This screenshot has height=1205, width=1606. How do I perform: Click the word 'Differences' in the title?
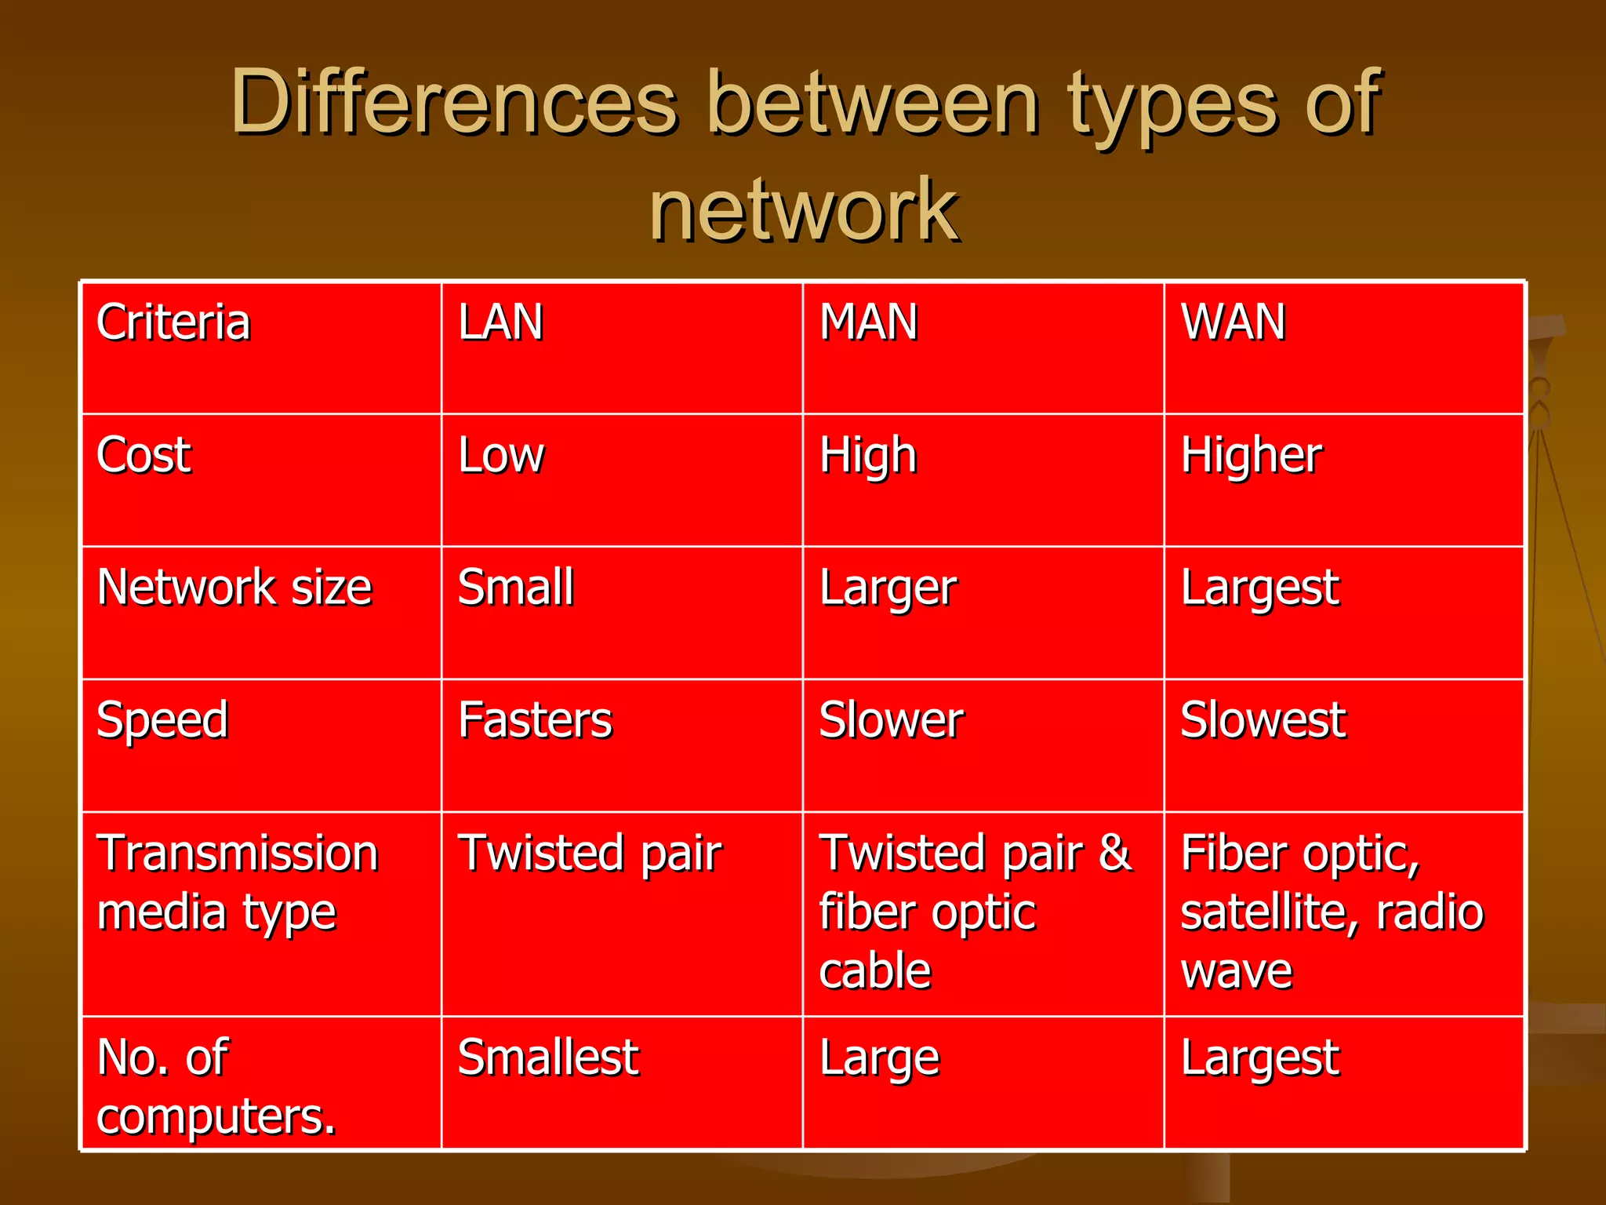(x=454, y=103)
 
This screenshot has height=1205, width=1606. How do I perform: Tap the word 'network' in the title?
(x=804, y=210)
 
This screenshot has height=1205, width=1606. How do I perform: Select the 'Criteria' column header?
(x=173, y=322)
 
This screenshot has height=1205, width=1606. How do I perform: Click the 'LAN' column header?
(x=500, y=322)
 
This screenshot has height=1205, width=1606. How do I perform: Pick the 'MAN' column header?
(x=868, y=322)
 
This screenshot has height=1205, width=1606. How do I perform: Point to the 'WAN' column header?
(x=1233, y=322)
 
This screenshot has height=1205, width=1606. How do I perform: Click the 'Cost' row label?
(x=144, y=454)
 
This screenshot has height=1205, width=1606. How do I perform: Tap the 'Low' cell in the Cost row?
(x=501, y=454)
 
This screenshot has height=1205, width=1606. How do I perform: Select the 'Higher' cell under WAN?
(x=1252, y=456)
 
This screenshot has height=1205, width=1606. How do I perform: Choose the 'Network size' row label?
(x=234, y=587)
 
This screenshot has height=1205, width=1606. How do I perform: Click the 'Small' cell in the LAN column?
(x=516, y=587)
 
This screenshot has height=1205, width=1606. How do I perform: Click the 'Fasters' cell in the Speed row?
(x=535, y=719)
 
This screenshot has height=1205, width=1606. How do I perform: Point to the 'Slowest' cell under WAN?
(x=1263, y=719)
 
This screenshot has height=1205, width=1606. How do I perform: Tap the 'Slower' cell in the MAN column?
(x=892, y=719)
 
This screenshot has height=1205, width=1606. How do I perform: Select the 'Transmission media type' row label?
(x=237, y=883)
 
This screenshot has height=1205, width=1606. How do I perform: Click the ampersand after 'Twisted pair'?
(x=1115, y=853)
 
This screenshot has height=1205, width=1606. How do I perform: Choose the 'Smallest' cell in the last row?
(x=548, y=1057)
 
